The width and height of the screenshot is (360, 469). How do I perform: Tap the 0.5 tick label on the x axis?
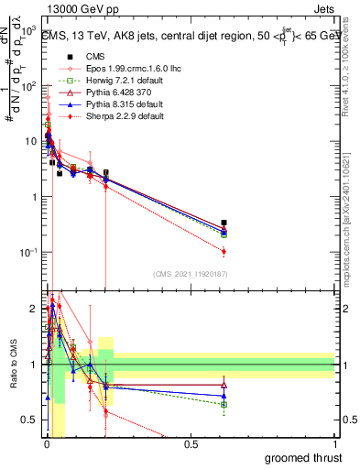[x=191, y=443]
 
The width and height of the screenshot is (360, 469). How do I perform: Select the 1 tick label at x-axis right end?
[x=335, y=443]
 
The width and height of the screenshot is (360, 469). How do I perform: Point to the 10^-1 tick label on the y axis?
[x=28, y=252]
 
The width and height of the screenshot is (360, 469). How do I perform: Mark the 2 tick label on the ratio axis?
[x=37, y=309]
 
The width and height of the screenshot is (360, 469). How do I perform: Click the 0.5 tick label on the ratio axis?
[x=32, y=420]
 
